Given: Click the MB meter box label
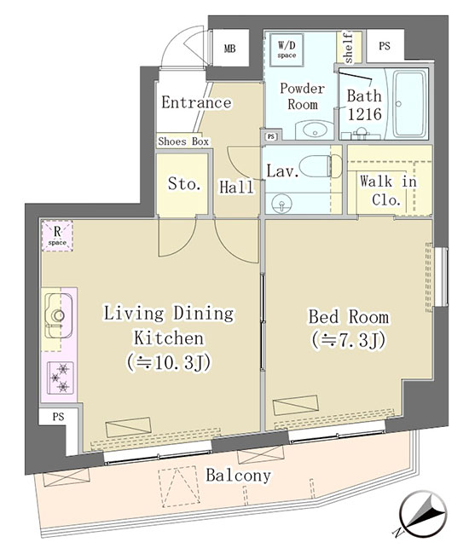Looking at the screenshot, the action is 229,49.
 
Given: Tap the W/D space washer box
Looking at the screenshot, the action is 287,49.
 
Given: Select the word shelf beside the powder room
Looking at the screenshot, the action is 348,48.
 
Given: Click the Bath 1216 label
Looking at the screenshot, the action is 364,105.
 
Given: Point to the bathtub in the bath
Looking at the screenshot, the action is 409,104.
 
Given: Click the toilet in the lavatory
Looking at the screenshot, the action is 321,166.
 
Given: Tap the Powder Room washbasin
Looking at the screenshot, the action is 314,130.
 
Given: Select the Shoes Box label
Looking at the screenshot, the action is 183,141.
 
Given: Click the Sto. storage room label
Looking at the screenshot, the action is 184,184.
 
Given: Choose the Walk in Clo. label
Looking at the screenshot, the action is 388,191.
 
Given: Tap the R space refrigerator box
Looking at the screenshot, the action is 57,235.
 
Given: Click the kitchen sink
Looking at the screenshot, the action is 59,315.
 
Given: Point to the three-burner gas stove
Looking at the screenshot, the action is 60,378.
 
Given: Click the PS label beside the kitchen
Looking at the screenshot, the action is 58,417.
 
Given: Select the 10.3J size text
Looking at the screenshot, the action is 169,362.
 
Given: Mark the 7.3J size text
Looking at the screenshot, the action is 349,340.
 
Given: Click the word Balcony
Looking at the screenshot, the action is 239,476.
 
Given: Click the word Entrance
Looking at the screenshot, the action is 196,102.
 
